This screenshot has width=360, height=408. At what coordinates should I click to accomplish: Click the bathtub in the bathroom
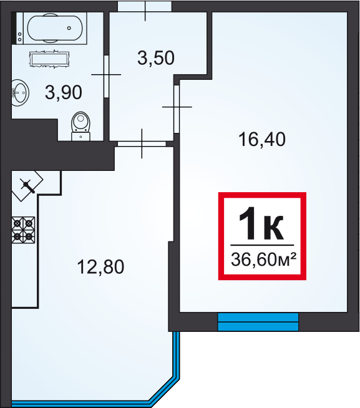click(55, 28)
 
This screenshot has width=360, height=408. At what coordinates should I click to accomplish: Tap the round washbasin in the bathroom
click(21, 93)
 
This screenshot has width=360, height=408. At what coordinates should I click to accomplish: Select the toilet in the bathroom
click(80, 126)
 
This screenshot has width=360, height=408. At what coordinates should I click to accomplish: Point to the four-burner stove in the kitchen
click(23, 230)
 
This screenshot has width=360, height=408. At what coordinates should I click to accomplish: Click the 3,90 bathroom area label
click(64, 92)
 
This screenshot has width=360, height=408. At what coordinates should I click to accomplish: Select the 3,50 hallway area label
click(155, 58)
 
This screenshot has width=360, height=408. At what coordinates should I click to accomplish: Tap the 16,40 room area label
click(262, 140)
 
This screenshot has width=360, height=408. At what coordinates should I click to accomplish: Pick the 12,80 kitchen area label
click(100, 267)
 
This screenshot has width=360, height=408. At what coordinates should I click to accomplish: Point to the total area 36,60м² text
click(264, 260)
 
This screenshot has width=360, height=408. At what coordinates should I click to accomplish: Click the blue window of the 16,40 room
click(258, 322)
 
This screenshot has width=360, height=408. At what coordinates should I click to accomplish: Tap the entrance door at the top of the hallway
click(145, 6)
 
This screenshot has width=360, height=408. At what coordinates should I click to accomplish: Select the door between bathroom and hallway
click(106, 76)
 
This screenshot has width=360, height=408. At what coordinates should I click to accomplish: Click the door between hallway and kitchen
click(142, 143)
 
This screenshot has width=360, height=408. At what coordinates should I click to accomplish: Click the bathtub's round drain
click(69, 28)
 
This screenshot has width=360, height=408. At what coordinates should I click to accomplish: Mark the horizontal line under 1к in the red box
click(262, 245)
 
